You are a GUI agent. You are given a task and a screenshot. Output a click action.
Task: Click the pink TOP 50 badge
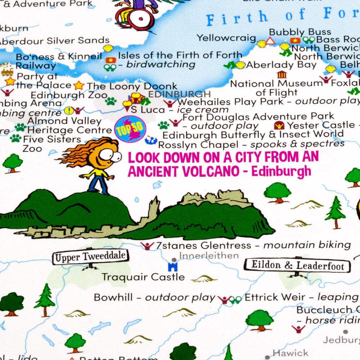(130, 129)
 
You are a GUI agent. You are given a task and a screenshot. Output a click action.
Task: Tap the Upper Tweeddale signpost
(90, 257)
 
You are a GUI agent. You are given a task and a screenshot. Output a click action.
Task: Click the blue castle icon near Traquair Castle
(173, 267)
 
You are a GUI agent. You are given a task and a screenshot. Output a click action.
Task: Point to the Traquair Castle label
(143, 277)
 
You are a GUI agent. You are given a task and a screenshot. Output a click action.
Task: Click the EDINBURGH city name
(179, 94)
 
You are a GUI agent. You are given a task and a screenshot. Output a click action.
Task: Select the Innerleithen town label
(209, 256)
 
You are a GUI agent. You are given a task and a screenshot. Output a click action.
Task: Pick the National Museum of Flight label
(276, 88)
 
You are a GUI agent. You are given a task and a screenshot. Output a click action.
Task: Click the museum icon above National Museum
(282, 75)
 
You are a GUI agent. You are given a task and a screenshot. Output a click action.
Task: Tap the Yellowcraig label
(226, 38)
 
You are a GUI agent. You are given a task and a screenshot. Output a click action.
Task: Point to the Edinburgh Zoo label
(69, 95)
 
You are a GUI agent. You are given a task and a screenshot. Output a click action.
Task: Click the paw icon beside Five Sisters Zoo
(15, 138)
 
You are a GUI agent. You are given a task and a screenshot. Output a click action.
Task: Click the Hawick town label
(290, 353)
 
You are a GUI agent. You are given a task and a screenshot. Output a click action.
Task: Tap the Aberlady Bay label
(281, 65)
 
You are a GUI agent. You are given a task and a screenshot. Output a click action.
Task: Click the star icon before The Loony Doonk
(78, 86)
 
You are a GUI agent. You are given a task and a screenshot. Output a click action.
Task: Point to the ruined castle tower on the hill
(154, 209)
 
